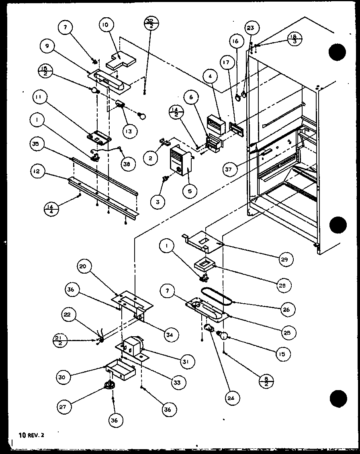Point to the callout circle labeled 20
(86, 267)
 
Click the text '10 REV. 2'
(32, 434)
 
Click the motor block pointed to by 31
(132, 346)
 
